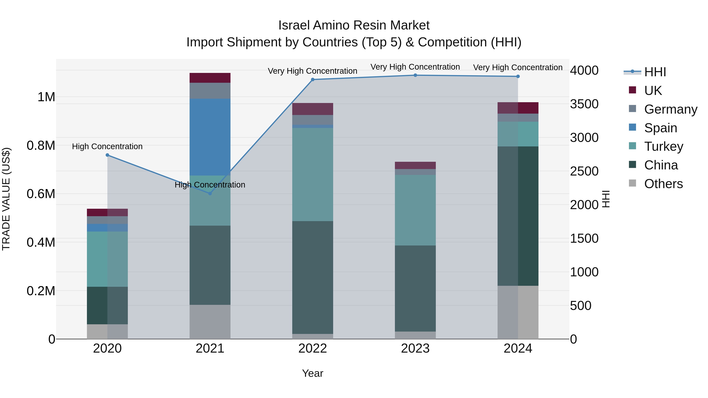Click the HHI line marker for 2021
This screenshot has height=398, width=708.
click(210, 193)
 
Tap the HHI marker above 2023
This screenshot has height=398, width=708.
click(415, 75)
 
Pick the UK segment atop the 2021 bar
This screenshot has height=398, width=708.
click(210, 78)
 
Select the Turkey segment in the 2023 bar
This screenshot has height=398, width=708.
click(415, 210)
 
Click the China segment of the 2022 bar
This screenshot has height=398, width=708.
click(313, 277)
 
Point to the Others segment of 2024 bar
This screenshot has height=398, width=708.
click(518, 312)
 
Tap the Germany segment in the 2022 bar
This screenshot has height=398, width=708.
click(313, 120)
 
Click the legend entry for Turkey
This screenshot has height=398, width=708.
click(663, 146)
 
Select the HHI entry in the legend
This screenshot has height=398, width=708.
click(655, 72)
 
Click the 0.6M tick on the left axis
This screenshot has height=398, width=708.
click(41, 194)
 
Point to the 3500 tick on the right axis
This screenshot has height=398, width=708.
click(584, 104)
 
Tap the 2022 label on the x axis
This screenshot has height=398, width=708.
click(313, 348)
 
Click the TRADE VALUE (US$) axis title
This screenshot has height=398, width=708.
click(6, 199)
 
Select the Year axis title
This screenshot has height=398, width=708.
click(313, 373)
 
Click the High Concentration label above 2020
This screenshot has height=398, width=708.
click(107, 146)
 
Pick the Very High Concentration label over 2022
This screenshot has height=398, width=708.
click(313, 71)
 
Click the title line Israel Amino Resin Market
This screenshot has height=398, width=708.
click(354, 25)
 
